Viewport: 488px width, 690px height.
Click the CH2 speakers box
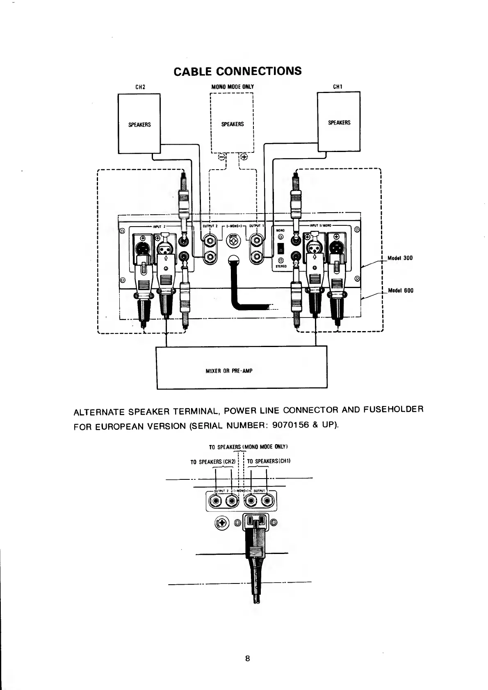[x=139, y=124]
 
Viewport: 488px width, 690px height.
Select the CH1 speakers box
[x=339, y=122]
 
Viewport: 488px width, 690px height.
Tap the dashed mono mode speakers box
[x=232, y=124]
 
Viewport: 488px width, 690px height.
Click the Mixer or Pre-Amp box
[x=242, y=367]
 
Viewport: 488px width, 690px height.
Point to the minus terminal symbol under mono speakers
[x=221, y=157]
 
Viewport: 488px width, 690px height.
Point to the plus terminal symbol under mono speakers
[x=244, y=157]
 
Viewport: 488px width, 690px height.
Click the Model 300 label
[x=400, y=258]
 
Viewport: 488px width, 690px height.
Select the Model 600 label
[x=400, y=291]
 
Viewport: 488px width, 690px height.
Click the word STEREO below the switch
[x=280, y=266]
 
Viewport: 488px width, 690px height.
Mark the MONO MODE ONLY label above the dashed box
[x=233, y=87]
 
